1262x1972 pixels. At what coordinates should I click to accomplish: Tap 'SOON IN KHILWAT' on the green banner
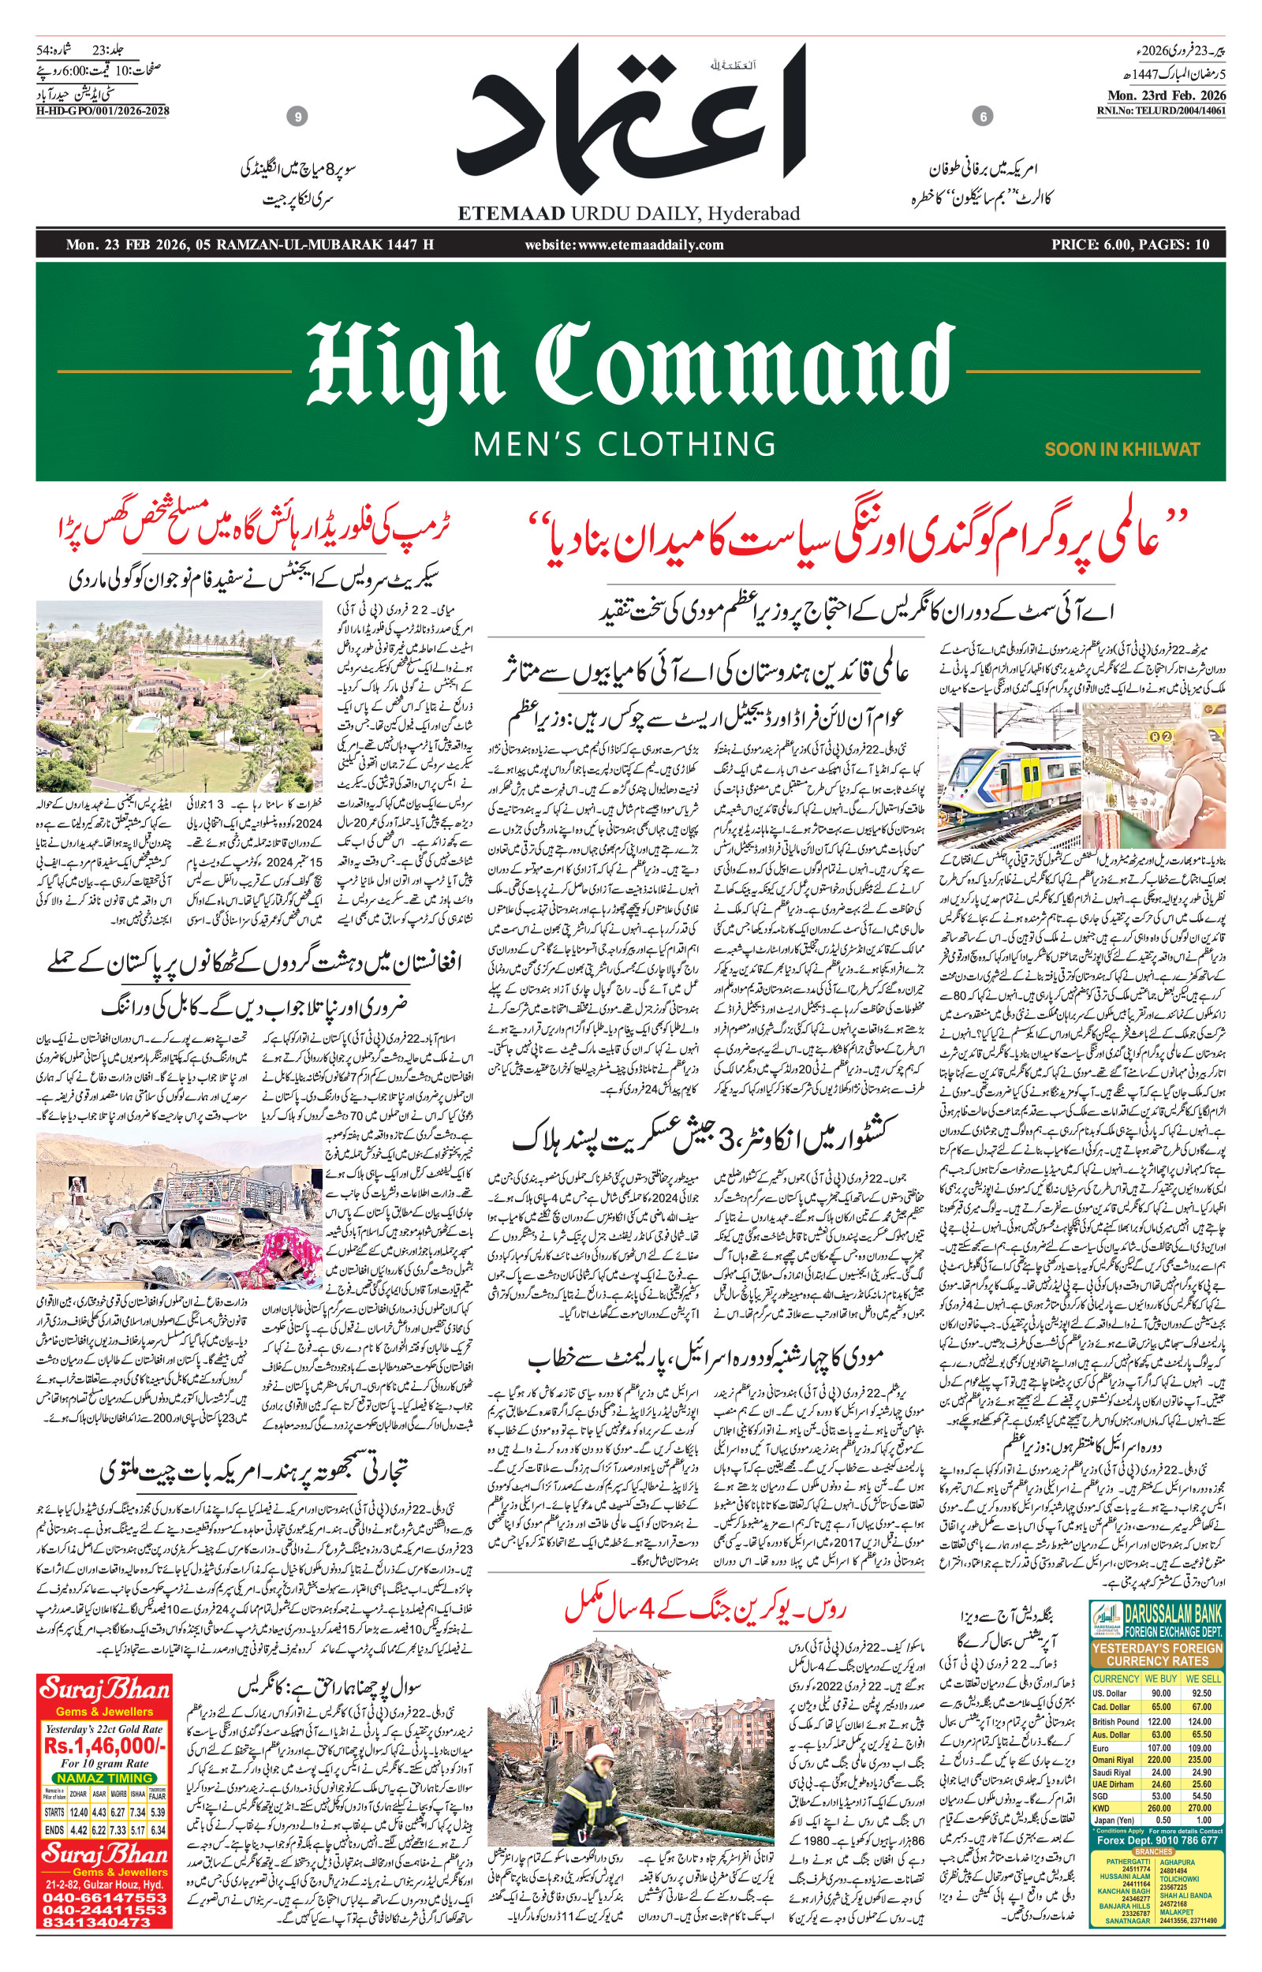click(x=1121, y=449)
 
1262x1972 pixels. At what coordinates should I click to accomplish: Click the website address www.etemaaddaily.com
click(x=625, y=245)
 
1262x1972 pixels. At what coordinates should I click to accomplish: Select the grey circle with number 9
click(x=298, y=118)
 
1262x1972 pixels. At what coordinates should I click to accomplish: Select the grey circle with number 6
click(x=983, y=118)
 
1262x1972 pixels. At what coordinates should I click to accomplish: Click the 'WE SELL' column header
click(x=1203, y=1679)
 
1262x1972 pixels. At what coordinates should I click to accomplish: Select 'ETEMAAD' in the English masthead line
click(x=510, y=214)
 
